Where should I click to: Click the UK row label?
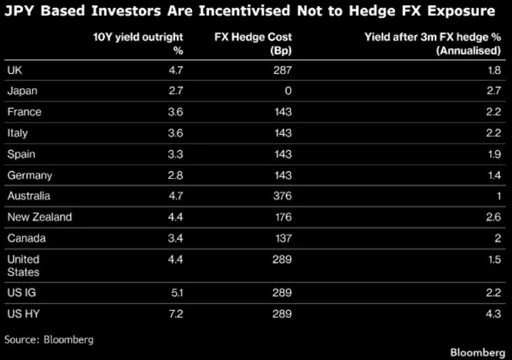coord(15,70)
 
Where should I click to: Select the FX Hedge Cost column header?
coord(253,44)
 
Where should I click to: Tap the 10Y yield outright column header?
coord(138,44)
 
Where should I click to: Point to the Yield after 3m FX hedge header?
coord(433,44)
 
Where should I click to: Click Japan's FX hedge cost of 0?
coord(288,91)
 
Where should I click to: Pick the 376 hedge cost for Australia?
coord(283,196)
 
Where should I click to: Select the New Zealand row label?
coord(39,217)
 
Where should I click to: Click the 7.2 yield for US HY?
coord(176,314)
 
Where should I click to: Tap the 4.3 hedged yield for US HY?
coord(493,314)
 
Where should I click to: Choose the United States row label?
coord(24,266)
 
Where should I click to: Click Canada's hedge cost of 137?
coord(283,238)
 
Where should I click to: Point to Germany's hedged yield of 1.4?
coord(494,175)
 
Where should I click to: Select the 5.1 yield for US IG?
coord(177,293)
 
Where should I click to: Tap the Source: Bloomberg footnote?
coord(49,340)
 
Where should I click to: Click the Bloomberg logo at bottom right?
coord(478,353)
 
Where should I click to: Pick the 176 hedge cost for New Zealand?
coord(283,217)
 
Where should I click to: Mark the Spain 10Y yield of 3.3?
coord(176,154)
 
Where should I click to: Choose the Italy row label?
coord(18,133)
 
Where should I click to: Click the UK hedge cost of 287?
coord(283,70)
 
